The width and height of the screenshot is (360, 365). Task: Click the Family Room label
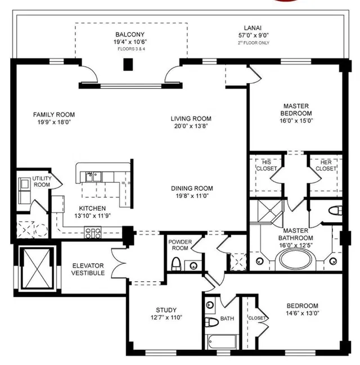[54, 115]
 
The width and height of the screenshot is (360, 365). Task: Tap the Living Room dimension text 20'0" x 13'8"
[191, 126]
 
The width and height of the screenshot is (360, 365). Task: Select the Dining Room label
[192, 188]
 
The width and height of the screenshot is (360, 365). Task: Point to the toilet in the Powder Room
[176, 264]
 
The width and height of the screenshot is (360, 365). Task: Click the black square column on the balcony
[128, 65]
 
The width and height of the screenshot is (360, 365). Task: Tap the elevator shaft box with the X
[37, 268]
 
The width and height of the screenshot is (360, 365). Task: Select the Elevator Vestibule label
[88, 269]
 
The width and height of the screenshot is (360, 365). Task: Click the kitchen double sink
[93, 177]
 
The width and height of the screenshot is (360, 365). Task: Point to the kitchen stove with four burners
[93, 232]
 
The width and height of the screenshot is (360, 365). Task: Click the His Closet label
[267, 165]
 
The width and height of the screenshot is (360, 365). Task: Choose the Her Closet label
[326, 165]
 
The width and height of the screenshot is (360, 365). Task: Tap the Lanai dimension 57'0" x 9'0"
[254, 35]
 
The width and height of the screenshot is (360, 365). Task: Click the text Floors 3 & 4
[131, 49]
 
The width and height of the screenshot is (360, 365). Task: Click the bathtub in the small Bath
[222, 342]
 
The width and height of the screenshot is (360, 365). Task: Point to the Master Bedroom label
[296, 110]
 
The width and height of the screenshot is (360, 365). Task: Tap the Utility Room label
[42, 182]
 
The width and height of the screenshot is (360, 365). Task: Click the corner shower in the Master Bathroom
[269, 211]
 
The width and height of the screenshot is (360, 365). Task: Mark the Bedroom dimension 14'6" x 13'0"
[303, 313]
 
